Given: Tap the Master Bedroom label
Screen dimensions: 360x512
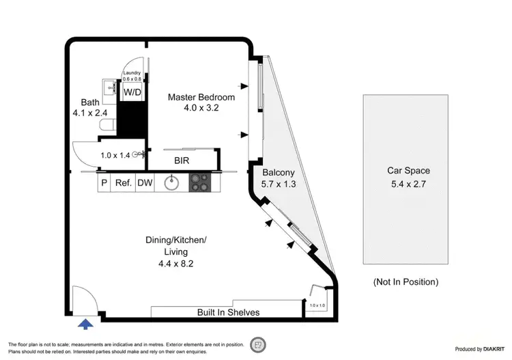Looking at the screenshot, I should click(x=201, y=97).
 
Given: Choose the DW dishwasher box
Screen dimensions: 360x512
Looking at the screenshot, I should click(x=145, y=183).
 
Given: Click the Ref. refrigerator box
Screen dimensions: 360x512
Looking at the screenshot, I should click(x=123, y=183).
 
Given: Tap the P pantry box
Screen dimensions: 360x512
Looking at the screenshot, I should click(x=104, y=183).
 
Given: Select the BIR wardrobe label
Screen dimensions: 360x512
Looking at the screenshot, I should click(x=182, y=161).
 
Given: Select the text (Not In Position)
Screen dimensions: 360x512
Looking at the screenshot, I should click(x=406, y=281).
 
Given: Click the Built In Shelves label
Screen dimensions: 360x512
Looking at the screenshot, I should click(x=228, y=313).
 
